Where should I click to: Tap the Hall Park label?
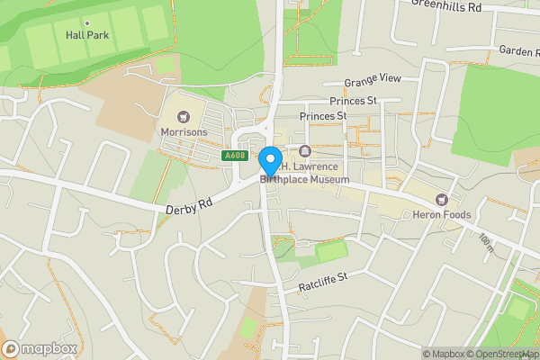pos(86,36)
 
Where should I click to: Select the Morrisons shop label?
pos(184,132)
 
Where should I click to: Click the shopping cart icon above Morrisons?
pos(184,117)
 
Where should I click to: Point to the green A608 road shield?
pos(235,156)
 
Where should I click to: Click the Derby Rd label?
pos(189,206)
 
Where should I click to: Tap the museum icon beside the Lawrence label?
pos(304,151)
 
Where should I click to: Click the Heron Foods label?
pos(442,215)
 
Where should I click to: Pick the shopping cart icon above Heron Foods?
pos(441,200)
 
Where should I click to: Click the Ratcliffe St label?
pos(322,284)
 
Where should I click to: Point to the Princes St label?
pos(323,116)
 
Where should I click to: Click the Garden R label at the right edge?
pos(517,51)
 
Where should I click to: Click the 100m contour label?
pos(487,241)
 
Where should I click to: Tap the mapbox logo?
pos(40,348)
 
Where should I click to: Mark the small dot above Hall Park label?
pos(86,22)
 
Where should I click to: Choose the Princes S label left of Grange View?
pos(352,101)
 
